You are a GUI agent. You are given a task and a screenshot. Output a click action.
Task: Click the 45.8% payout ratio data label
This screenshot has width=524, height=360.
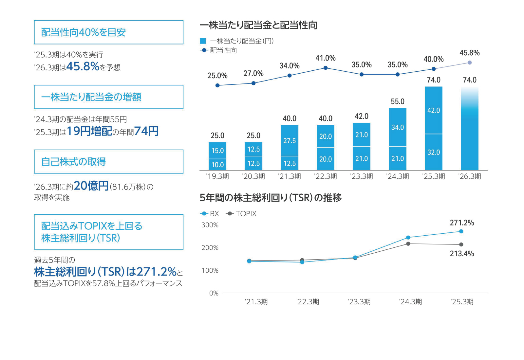click(469, 53)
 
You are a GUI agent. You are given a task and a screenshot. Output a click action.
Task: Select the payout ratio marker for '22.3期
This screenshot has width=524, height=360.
click(326, 68)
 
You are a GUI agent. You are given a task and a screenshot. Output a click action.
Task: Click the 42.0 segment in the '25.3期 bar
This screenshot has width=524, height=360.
click(433, 110)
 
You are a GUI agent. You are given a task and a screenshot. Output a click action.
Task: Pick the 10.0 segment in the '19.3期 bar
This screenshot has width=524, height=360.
click(217, 165)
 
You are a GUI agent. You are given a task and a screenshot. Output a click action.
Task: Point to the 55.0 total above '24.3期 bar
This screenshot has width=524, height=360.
click(397, 101)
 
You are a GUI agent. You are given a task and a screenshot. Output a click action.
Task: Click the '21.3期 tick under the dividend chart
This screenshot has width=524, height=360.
click(289, 176)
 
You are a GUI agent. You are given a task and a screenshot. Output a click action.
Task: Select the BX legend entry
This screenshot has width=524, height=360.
click(210, 214)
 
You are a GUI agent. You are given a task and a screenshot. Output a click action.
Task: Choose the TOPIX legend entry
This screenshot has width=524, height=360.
click(241, 214)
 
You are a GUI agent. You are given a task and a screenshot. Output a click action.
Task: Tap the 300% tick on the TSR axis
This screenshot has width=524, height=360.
click(210, 225)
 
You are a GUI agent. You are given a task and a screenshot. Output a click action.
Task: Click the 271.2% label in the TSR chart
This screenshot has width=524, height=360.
click(462, 223)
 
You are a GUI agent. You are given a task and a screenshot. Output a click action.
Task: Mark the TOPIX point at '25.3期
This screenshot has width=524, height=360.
click(461, 244)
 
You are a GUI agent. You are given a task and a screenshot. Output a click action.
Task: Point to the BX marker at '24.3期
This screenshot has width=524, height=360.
click(408, 238)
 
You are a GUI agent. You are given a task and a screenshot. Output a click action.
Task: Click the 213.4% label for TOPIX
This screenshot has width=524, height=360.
click(462, 254)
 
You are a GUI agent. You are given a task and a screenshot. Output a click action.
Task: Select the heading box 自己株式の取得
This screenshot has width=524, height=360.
click(108, 162)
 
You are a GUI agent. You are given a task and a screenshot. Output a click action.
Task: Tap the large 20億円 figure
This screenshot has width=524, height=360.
click(91, 186)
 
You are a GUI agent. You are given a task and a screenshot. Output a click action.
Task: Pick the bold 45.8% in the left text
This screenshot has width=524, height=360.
click(83, 66)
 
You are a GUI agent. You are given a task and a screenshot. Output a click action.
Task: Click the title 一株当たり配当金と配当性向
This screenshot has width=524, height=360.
click(258, 25)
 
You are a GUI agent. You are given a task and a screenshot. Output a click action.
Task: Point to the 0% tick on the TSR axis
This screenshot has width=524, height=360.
click(214, 293)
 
